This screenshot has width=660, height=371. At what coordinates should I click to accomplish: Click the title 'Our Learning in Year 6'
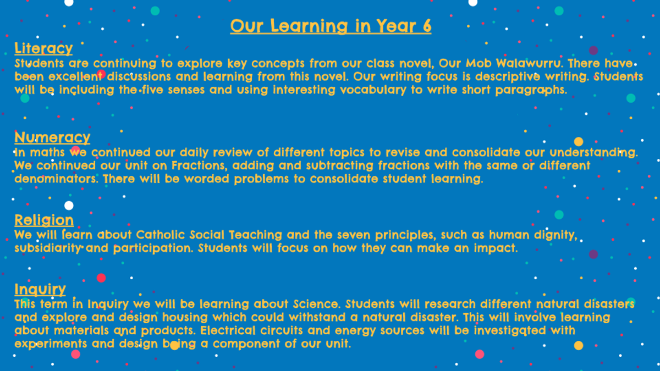tap(331, 26)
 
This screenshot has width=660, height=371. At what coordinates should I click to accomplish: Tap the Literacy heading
tap(43, 48)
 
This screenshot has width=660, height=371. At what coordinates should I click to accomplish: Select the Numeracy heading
tap(52, 137)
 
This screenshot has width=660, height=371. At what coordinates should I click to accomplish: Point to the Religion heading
tap(44, 220)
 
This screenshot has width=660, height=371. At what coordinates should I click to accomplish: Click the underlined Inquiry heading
tap(40, 289)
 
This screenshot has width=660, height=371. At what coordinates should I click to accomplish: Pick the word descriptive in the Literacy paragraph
tap(508, 77)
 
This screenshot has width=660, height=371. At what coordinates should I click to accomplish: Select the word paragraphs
tap(531, 90)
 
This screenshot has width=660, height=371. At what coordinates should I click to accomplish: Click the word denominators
tap(56, 179)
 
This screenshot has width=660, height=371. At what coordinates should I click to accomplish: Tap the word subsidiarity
tap(48, 248)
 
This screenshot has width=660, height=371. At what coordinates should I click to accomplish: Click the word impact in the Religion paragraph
tap(496, 248)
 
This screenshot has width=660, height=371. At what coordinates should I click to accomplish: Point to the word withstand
tap(317, 318)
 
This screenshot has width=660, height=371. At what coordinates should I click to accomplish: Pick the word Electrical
tap(228, 331)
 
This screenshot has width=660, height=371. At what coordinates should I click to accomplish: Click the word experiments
tap(51, 344)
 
